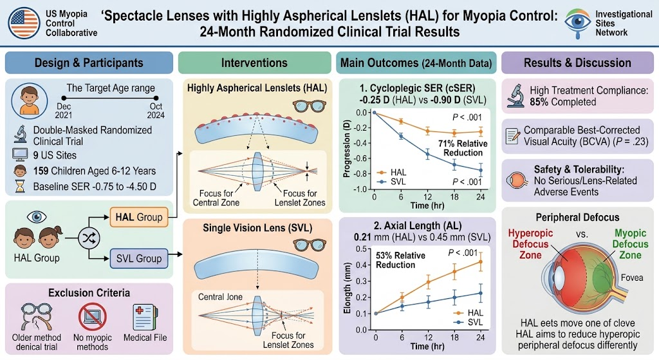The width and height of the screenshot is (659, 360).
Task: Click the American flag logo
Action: click(24, 23)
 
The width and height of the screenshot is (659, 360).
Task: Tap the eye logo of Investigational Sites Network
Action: click(577, 23)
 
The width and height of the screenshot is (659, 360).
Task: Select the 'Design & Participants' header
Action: click(89, 62)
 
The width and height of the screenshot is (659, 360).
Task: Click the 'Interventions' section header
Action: click(254, 62)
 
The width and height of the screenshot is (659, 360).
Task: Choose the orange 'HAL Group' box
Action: click(139, 217)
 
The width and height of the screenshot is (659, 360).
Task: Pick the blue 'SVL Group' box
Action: click(139, 258)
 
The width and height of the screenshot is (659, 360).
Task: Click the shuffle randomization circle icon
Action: click(89, 238)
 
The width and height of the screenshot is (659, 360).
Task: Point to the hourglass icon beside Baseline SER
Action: click(20, 186)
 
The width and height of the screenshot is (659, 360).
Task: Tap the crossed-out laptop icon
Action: click(92, 317)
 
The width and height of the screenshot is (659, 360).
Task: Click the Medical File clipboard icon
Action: click(145, 317)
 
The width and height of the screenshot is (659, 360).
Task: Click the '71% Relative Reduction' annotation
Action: click(463, 148)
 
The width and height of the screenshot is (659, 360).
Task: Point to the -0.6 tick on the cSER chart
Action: click(360, 158)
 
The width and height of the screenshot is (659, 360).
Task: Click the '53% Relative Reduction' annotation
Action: click(395, 260)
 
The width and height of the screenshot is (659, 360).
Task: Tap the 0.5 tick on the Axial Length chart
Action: click(362, 249)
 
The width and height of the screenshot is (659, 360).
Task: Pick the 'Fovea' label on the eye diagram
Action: click(632, 278)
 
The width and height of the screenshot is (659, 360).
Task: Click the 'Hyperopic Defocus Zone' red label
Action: click(530, 244)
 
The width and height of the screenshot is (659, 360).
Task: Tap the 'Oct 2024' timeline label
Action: click(156, 111)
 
